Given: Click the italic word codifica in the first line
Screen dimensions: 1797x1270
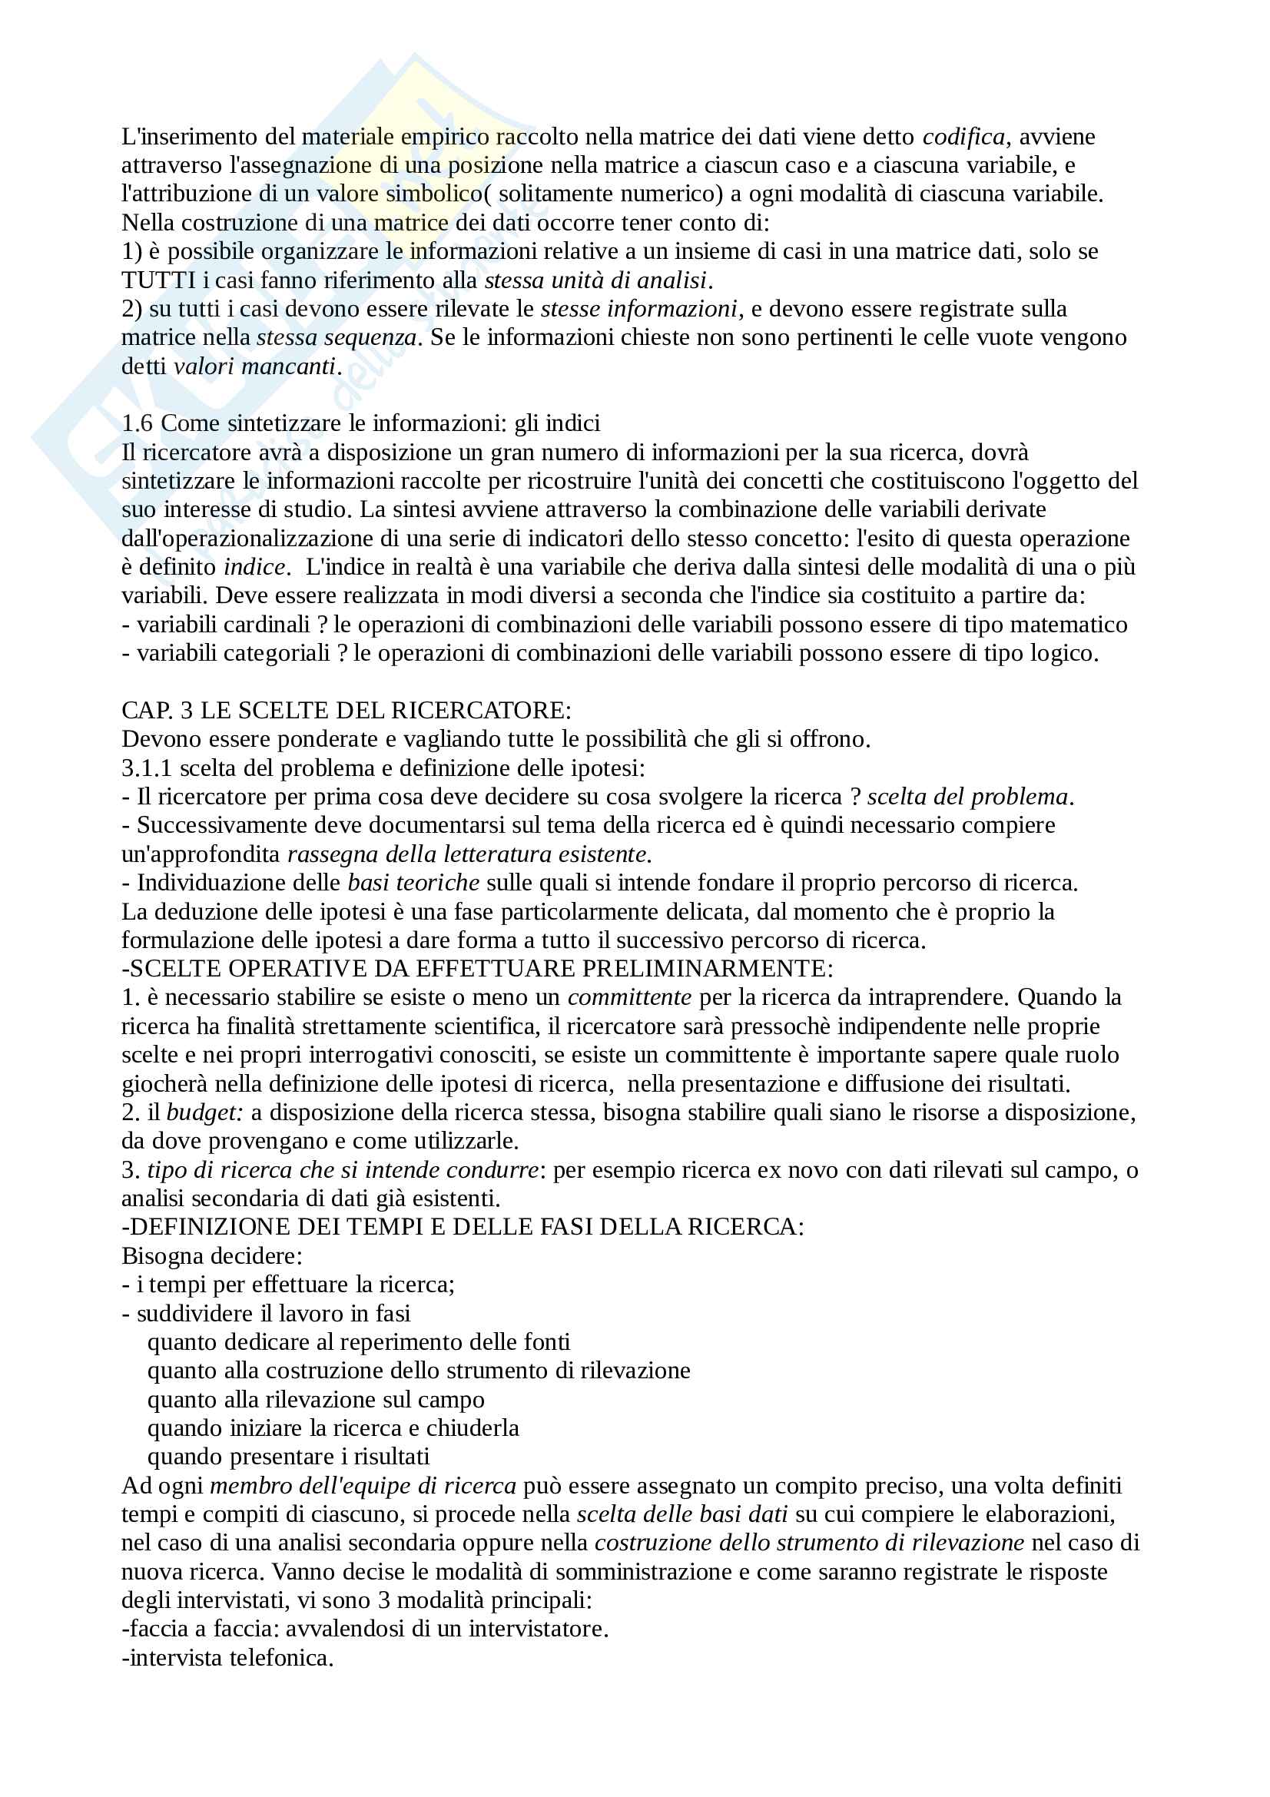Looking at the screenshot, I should point(963,137).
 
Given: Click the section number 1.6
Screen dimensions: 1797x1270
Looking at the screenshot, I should point(138,423).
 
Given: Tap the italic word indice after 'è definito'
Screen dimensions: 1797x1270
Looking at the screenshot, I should point(254,568).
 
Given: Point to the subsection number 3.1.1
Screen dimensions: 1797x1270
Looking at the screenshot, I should point(146,768).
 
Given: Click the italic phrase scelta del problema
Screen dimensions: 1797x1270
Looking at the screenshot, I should point(967,797).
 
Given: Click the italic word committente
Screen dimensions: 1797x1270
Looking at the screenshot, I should point(629,998).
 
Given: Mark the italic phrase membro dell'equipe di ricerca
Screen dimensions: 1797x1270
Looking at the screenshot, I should point(363,1486).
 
